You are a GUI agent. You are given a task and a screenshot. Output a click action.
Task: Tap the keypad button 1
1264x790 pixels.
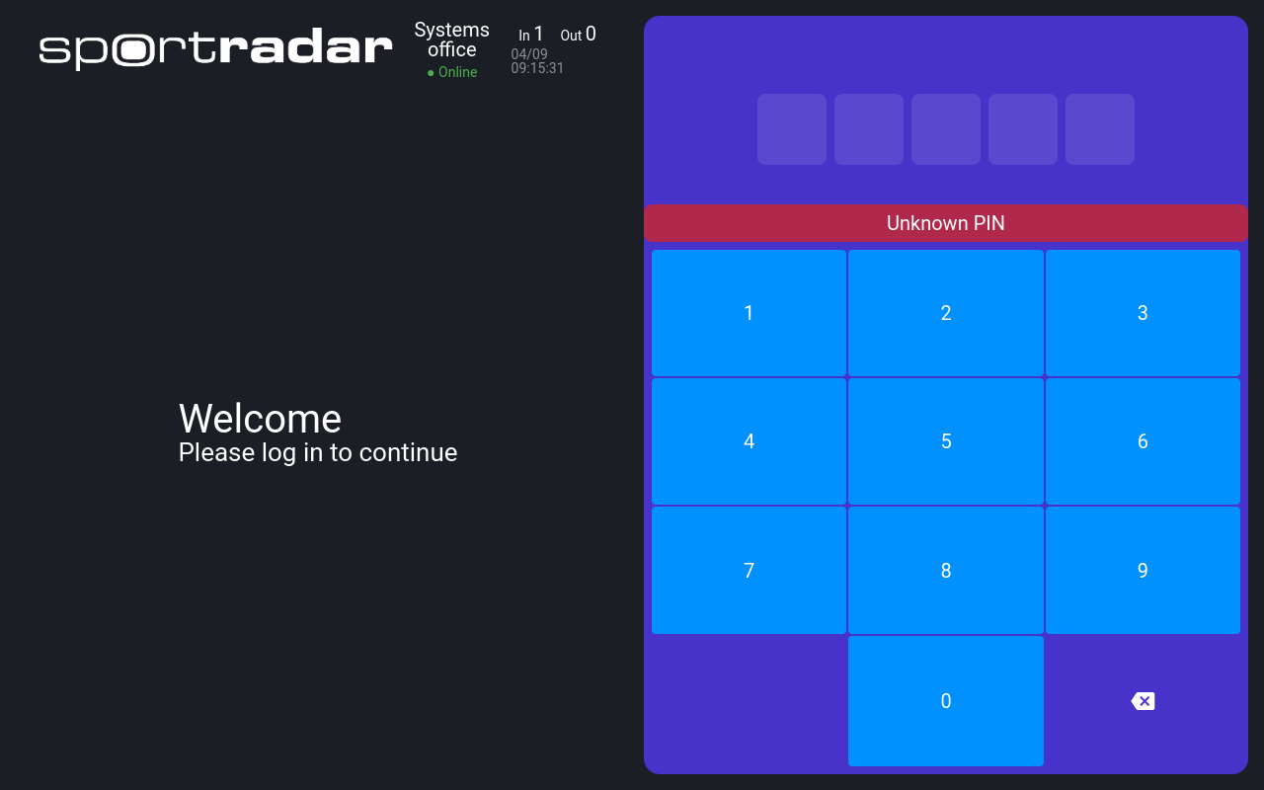(x=749, y=313)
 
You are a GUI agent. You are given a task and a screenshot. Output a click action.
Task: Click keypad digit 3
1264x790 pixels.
(x=1143, y=313)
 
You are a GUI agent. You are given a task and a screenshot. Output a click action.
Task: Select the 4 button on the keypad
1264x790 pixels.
(x=749, y=441)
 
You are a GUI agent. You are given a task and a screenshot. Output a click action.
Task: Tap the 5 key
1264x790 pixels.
(x=946, y=441)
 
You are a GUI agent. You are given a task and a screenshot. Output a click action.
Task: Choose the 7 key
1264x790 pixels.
(x=749, y=570)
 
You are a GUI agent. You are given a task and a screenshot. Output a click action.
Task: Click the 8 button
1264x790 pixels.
(x=946, y=570)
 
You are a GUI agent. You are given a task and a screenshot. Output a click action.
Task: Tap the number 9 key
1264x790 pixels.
(x=1143, y=570)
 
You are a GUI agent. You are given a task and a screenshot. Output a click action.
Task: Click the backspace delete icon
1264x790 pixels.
(x=1144, y=701)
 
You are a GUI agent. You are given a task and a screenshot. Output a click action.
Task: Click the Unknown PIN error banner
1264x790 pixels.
(x=946, y=223)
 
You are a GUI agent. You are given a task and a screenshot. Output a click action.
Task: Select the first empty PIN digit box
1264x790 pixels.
(x=792, y=129)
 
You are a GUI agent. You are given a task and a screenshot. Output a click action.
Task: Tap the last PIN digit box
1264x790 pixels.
(x=1100, y=129)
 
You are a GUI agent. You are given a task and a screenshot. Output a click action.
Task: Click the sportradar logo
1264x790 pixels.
(x=215, y=48)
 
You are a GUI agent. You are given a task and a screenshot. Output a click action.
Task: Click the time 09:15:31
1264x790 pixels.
(x=537, y=68)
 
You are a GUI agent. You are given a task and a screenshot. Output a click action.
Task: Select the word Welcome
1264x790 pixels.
(x=260, y=419)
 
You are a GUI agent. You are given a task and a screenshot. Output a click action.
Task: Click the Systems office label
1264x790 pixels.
(x=452, y=39)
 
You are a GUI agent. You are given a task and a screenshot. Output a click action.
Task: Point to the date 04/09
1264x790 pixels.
(x=529, y=54)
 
